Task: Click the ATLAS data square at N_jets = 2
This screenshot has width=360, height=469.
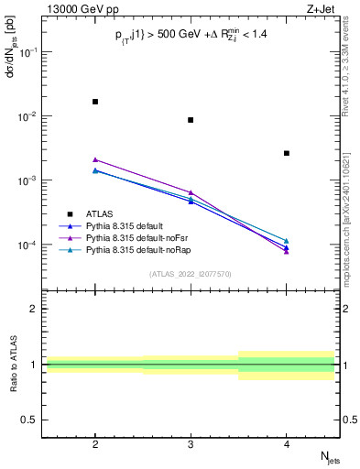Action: point(95,102)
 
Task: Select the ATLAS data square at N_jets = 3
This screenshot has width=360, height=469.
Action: point(191,120)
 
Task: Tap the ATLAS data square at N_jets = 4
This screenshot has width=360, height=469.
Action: point(286,153)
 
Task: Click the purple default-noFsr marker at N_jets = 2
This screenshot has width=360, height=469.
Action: point(95,159)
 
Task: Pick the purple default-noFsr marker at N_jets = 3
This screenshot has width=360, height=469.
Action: point(191,192)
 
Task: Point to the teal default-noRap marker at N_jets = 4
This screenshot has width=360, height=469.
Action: point(286,241)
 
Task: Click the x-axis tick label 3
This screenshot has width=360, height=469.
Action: point(191,441)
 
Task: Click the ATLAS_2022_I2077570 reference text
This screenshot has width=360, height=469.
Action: point(191,274)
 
